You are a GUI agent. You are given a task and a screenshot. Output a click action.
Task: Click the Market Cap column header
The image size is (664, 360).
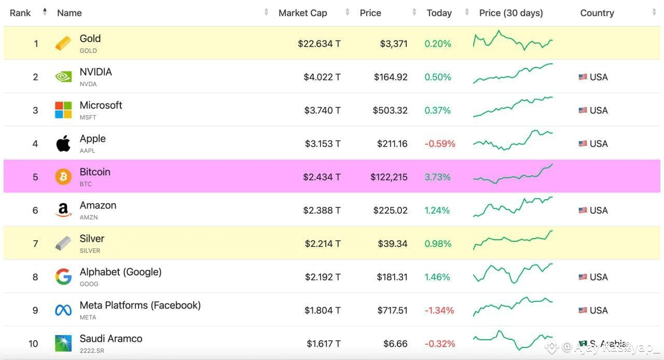tap(302, 13)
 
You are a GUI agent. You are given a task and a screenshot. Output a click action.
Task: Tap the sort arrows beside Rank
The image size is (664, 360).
tap(45, 12)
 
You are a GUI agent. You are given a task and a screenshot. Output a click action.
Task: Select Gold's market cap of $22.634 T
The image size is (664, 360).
tap(319, 44)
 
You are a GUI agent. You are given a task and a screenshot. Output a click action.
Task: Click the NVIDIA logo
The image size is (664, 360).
tap(63, 77)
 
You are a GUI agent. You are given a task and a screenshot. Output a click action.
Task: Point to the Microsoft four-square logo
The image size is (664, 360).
tap(63, 110)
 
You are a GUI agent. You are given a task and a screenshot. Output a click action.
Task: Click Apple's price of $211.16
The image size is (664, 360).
tap(392, 144)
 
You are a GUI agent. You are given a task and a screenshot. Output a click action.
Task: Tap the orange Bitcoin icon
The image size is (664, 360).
tap(63, 177)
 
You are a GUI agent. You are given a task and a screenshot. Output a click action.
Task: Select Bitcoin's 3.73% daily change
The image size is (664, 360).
tap(437, 177)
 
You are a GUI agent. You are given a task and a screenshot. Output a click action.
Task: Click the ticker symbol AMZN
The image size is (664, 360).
tap(89, 217)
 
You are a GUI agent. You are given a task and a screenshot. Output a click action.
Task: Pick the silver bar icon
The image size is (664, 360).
tap(63, 243)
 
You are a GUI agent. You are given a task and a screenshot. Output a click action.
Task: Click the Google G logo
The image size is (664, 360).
tap(63, 276)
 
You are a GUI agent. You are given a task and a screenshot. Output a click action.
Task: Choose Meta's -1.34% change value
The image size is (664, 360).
tap(439, 311)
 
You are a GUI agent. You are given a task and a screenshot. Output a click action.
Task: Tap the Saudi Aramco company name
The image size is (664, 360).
tap(111, 338)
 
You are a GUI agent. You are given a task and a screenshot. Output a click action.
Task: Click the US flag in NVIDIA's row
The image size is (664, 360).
tap(583, 77)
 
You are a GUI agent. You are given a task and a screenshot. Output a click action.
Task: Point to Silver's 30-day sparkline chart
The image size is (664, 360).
tap(513, 240)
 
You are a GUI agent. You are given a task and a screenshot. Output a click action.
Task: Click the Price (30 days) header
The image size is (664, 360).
tap(511, 13)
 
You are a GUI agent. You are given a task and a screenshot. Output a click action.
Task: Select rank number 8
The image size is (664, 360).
tap(35, 277)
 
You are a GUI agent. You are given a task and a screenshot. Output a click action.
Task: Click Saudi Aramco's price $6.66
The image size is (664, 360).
tap(395, 344)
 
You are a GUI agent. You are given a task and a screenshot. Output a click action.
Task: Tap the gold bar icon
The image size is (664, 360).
tap(63, 43)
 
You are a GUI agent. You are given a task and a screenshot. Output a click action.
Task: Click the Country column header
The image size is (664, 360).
tap(597, 13)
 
